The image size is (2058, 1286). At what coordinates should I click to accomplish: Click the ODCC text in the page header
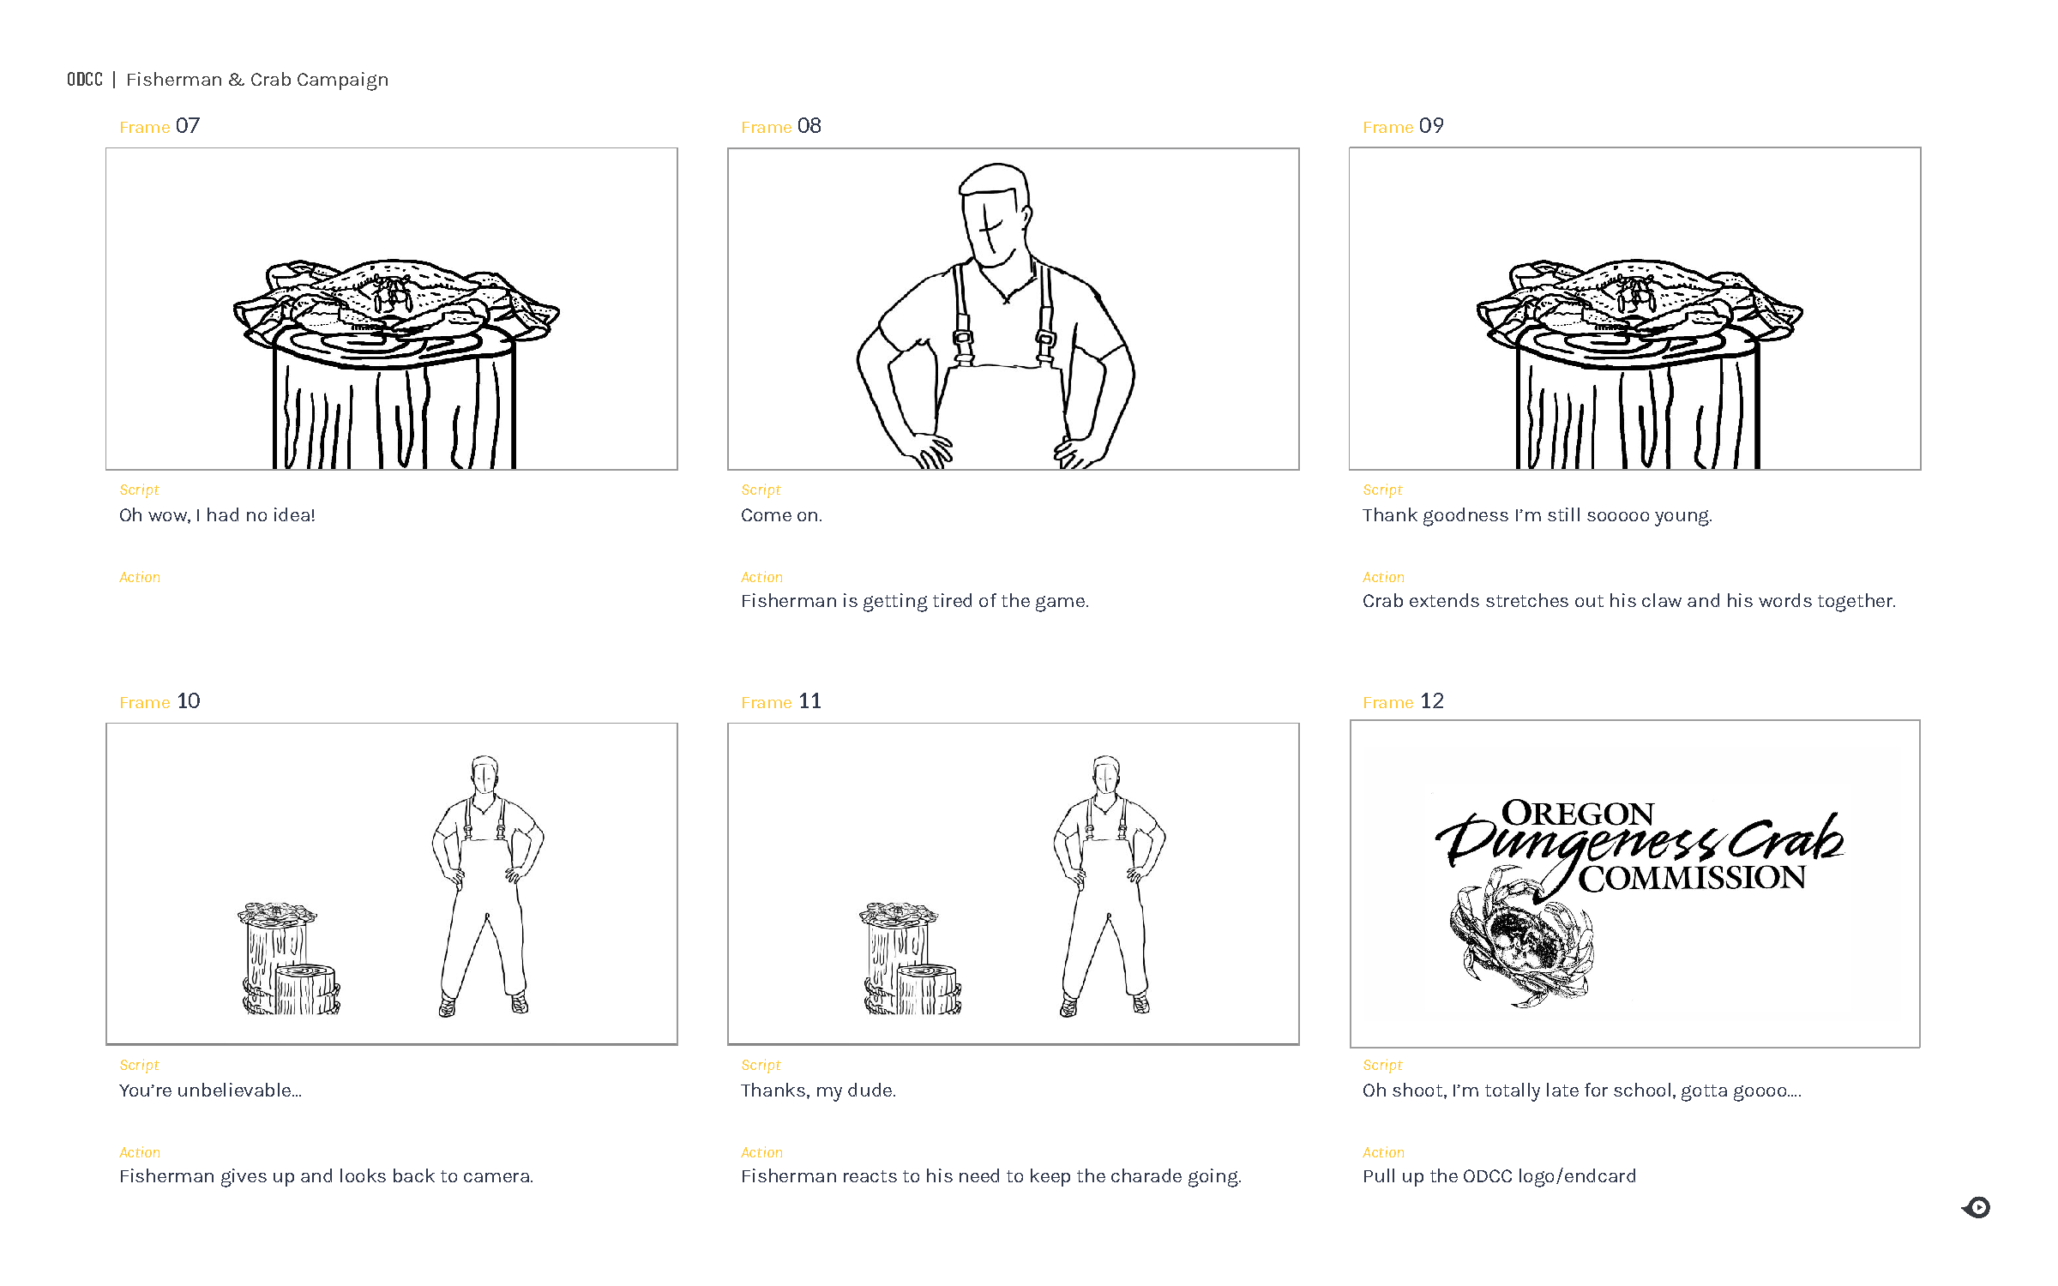tap(85, 80)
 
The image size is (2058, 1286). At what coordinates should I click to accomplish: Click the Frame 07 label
tap(159, 126)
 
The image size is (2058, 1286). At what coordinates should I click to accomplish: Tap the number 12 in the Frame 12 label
tap(1431, 701)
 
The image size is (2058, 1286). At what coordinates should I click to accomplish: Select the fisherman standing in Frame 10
tap(486, 883)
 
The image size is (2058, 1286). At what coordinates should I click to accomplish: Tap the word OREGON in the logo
tap(1577, 813)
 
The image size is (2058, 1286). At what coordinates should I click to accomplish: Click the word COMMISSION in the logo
tap(1691, 878)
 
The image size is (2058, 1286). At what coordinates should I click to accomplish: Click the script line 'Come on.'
tap(781, 515)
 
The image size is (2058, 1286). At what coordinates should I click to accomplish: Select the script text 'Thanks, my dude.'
tap(818, 1091)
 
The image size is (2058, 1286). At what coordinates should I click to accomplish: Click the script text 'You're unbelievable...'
tap(210, 1091)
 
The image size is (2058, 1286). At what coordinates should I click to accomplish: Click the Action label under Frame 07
tap(140, 577)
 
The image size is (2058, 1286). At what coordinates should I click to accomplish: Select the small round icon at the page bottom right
tap(1977, 1207)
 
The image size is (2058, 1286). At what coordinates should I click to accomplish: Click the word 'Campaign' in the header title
tap(342, 80)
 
